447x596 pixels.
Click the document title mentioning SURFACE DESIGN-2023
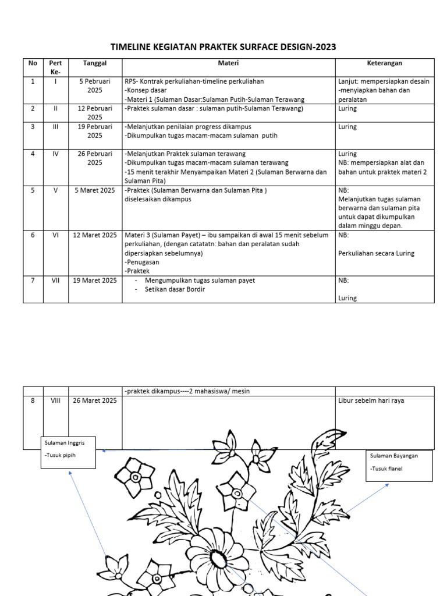pos(223,47)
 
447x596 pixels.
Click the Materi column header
pos(228,63)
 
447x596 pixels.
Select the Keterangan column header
pos(384,63)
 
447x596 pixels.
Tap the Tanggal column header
pos(95,63)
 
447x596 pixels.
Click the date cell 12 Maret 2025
pos(95,235)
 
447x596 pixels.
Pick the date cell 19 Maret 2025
pos(95,281)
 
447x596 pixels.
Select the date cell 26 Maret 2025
pos(95,400)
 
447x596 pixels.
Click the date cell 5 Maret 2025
pos(95,190)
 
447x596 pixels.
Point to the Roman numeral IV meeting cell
pos(56,154)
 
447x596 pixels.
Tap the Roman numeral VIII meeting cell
pos(56,400)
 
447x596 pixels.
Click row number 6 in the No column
pos(33,235)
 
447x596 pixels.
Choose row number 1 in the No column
pos(33,81)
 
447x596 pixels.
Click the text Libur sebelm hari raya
pos(371,400)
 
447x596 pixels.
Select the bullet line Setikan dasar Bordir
pos(175,289)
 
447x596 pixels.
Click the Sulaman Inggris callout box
pos(68,452)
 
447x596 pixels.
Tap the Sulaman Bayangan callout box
pos(399,466)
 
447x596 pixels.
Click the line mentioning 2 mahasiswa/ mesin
pos(187,391)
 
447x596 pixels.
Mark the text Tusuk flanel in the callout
pos(386,469)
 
